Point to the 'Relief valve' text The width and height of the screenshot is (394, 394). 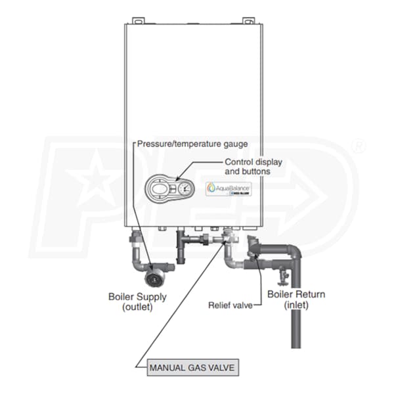coord(227,305)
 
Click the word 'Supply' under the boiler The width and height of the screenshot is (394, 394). coord(152,296)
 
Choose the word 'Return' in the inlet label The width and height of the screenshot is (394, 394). coord(309,294)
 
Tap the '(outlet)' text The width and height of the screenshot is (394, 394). coord(137,307)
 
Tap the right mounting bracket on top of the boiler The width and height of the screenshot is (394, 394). coord(248,22)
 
